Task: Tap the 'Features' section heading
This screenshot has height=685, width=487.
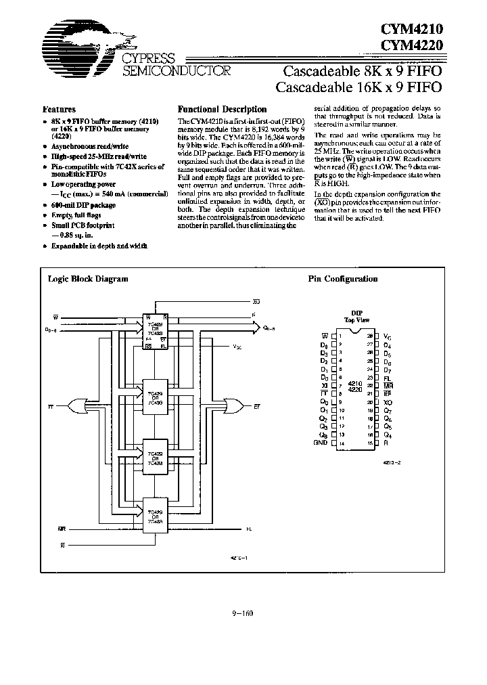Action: (x=59, y=109)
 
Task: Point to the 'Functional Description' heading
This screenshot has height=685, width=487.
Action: (x=222, y=109)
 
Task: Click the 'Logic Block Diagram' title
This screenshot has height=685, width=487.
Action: (x=88, y=278)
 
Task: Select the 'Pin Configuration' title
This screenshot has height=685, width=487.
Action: (x=343, y=278)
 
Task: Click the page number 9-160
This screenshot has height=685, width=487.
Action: (x=242, y=614)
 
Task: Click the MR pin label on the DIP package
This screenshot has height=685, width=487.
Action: (x=388, y=384)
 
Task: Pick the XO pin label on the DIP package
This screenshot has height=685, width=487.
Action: (x=388, y=401)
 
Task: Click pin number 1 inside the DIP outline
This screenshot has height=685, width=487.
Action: (x=341, y=336)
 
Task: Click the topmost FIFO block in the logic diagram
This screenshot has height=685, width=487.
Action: (x=156, y=332)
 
